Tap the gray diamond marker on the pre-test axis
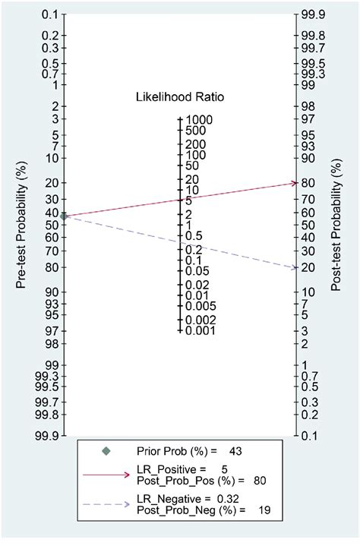pos(65,216)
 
